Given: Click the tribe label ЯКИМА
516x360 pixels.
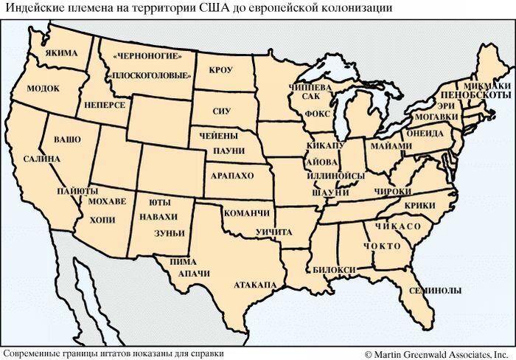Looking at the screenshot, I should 60,54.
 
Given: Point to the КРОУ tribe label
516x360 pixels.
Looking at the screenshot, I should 220,71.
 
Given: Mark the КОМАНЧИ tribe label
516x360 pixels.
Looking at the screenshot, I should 247,213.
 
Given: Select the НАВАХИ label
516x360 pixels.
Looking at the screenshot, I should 162,216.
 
